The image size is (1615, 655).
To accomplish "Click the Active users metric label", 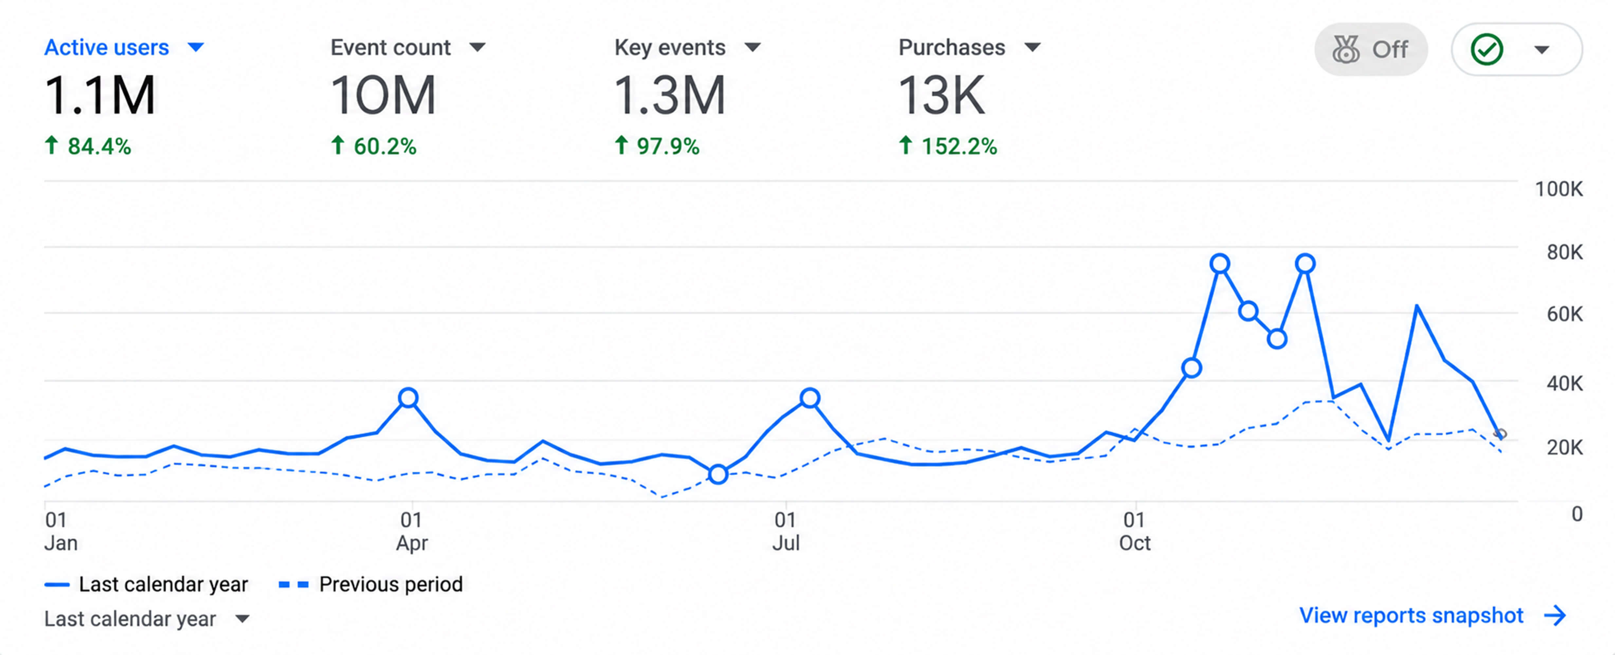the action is (107, 48).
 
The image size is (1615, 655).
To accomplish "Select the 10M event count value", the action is (382, 95).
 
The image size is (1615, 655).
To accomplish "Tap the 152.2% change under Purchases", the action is (947, 146).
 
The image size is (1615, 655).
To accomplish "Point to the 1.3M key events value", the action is (670, 95).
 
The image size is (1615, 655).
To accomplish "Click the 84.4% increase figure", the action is (88, 146).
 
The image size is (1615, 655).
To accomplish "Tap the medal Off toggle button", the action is (1371, 49).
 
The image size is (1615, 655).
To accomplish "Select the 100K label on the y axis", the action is (1559, 189).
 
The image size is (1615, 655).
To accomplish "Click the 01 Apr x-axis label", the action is (411, 531).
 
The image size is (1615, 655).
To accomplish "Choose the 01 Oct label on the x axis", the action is (1135, 531).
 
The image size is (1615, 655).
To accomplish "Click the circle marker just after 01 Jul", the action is (810, 398).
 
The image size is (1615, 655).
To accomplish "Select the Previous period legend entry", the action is (371, 584).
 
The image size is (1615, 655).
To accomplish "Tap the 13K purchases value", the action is (942, 95).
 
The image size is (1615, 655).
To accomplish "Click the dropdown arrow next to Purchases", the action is (1033, 47).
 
